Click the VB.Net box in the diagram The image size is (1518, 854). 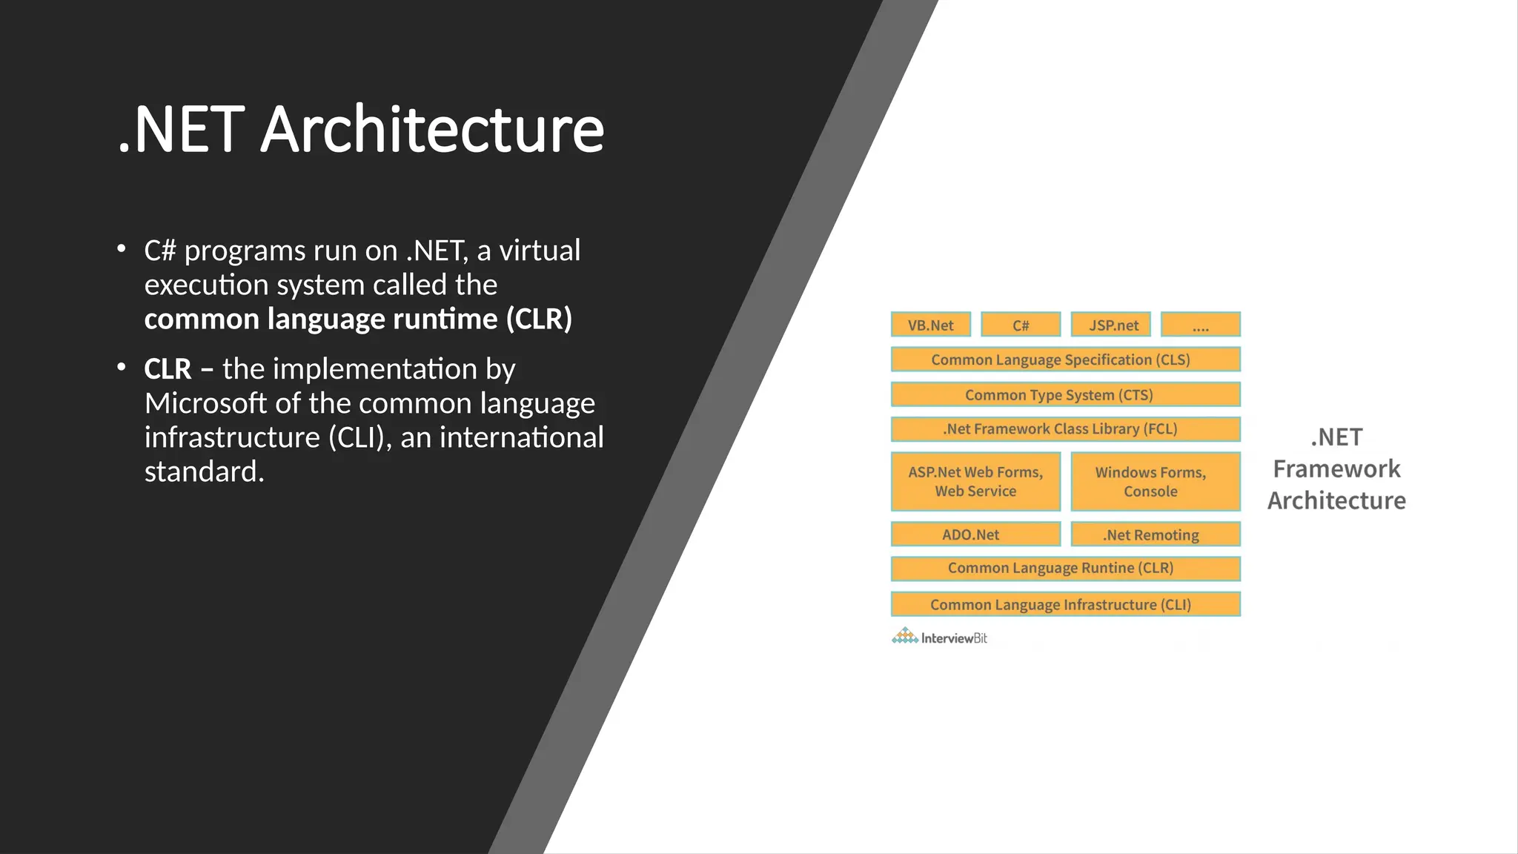(x=931, y=325)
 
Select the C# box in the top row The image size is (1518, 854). (x=1021, y=325)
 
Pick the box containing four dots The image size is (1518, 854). (x=1200, y=325)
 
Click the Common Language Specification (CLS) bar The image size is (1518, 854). (x=1065, y=360)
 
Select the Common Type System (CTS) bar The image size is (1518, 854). (x=1065, y=394)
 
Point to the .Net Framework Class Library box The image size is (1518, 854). (x=1065, y=429)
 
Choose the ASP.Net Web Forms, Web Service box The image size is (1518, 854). (x=975, y=481)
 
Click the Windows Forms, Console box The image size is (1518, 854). (x=1155, y=481)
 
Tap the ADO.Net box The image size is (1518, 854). (x=975, y=534)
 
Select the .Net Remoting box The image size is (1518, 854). (x=1155, y=534)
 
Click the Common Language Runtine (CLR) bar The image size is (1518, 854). (x=1065, y=569)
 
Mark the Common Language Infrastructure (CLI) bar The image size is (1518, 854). (x=1065, y=604)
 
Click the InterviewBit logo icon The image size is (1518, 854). (x=904, y=636)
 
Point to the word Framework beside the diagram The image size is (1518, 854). (x=1336, y=469)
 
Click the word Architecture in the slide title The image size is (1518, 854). (x=432, y=130)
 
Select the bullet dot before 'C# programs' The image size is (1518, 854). (x=122, y=249)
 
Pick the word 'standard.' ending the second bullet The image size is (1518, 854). (x=204, y=471)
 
